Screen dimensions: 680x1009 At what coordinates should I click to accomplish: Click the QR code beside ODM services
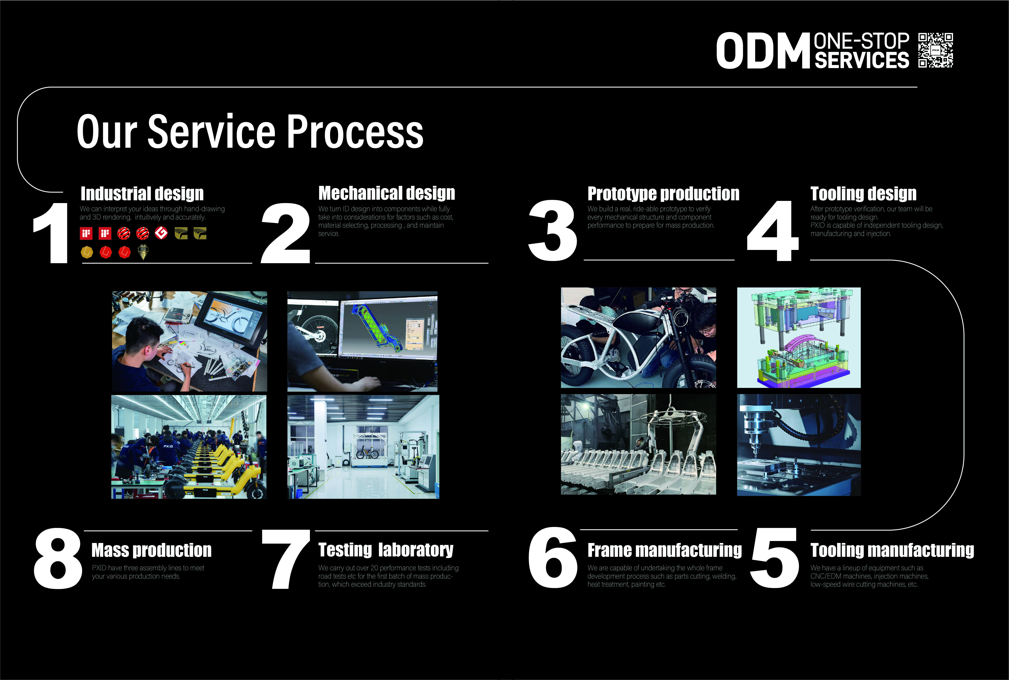[935, 50]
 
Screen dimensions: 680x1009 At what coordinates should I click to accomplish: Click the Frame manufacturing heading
[664, 550]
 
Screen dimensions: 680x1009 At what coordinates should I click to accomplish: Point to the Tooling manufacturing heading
[892, 550]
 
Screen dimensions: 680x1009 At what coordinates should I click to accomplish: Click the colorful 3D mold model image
[798, 337]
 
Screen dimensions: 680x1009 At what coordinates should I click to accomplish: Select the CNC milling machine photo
[798, 445]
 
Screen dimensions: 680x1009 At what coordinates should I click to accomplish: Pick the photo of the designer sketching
[189, 341]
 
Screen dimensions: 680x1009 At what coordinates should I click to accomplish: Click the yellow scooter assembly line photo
[189, 447]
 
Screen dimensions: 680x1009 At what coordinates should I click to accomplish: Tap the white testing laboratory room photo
[363, 447]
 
